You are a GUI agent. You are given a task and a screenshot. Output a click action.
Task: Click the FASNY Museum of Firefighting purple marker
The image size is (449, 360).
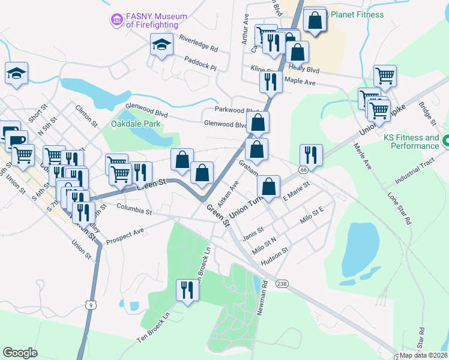click(x=116, y=20)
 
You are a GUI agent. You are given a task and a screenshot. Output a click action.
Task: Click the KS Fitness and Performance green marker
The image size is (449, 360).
click(x=446, y=142)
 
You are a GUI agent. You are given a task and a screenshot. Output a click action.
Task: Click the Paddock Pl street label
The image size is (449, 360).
click(x=200, y=62)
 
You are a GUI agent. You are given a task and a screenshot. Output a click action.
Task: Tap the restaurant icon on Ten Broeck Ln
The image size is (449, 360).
click(x=187, y=290)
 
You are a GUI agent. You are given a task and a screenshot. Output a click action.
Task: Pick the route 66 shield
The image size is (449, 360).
click(x=304, y=170)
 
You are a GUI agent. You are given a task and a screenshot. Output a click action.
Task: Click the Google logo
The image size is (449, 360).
click(x=20, y=353)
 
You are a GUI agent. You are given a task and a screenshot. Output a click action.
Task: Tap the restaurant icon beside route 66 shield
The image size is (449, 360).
click(x=311, y=155)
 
